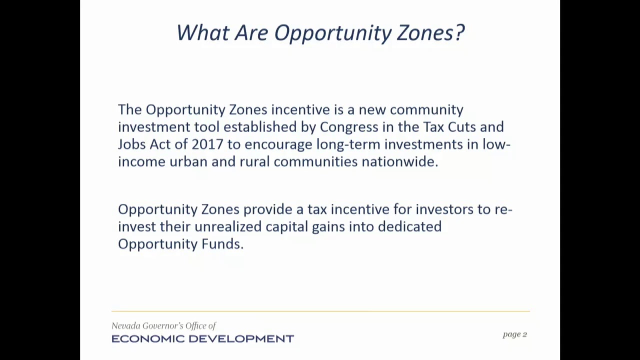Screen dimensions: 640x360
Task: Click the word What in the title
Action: point(203,32)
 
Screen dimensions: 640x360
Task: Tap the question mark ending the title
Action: point(459,32)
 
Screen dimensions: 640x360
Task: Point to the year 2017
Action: point(207,144)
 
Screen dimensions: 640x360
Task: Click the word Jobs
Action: point(131,144)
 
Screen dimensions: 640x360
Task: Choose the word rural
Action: point(254,161)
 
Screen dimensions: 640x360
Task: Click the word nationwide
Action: point(400,161)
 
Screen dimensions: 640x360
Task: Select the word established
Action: point(260,127)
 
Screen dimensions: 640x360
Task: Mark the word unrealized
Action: point(228,226)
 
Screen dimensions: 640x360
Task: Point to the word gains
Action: point(328,227)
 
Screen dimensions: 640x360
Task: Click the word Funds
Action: point(222,244)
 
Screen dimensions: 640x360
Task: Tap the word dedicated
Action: point(409,226)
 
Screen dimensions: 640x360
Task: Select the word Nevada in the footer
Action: point(125,325)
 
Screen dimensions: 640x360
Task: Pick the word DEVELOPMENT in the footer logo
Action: point(241,339)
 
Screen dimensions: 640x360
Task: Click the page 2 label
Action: point(515,334)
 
